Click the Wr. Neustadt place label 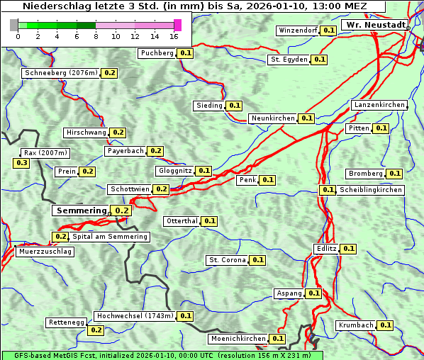[375, 25]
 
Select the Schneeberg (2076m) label [60, 73]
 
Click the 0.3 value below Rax [22, 163]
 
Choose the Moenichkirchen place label [238, 339]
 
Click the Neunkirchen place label [273, 118]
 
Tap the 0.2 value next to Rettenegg [96, 330]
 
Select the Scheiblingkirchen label [370, 190]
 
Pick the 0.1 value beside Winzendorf [328, 30]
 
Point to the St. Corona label [227, 260]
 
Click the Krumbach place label [356, 325]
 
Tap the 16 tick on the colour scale [174, 36]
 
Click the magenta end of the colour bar [177, 25]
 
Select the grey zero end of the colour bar [14, 25]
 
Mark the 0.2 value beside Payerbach [156, 151]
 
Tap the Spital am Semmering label [110, 237]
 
